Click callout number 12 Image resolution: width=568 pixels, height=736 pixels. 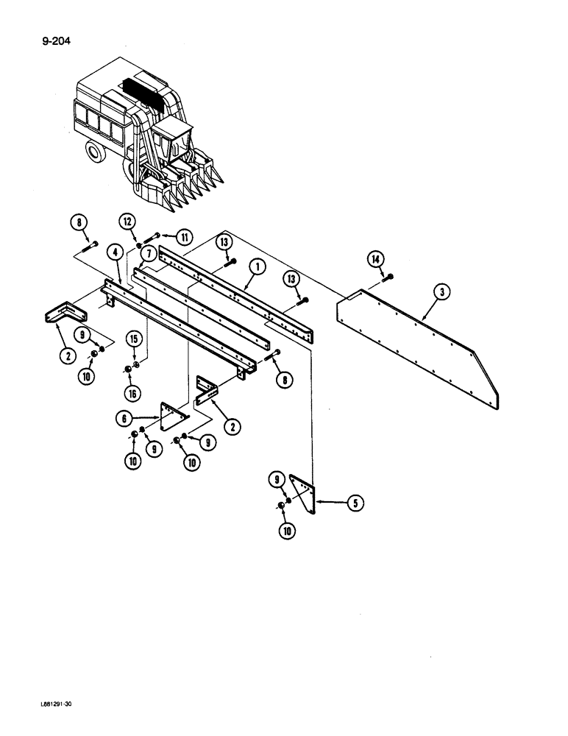(x=127, y=221)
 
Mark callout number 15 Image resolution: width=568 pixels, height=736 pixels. (x=135, y=340)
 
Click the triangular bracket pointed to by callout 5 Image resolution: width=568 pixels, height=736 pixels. (x=304, y=492)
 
